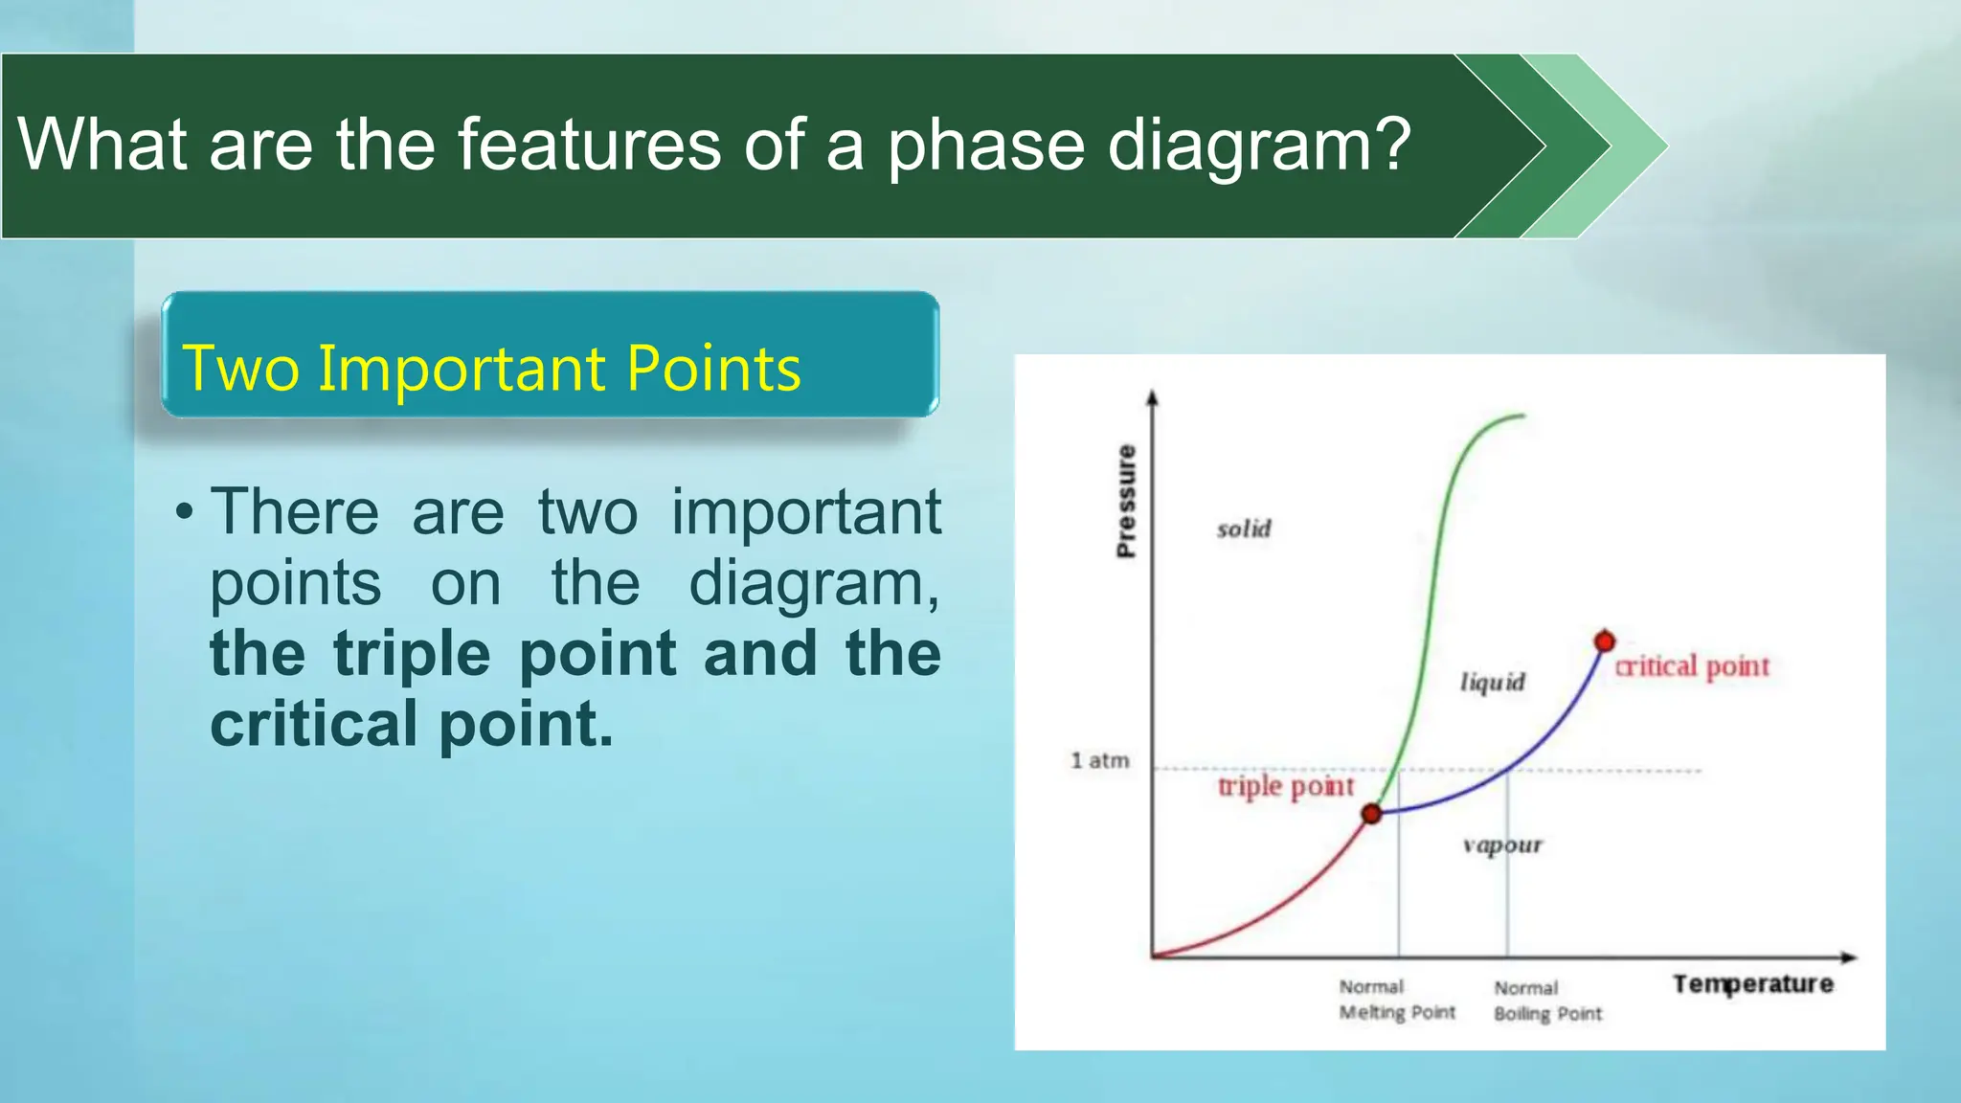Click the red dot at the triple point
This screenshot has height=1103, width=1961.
(1371, 814)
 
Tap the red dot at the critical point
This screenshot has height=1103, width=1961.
(1605, 641)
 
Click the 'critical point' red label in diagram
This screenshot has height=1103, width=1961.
(1692, 665)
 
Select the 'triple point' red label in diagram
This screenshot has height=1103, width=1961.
(1285, 786)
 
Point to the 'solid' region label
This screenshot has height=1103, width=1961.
(1244, 529)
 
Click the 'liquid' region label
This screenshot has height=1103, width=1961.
(1492, 682)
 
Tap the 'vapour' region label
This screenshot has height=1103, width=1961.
(1502, 844)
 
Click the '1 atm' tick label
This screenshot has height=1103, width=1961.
(1099, 760)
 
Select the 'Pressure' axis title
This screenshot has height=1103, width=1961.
(1126, 501)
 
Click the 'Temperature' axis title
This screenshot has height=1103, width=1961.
(1752, 984)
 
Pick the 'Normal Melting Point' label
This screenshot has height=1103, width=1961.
(1396, 1000)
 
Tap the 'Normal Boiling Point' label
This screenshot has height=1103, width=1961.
(1546, 1001)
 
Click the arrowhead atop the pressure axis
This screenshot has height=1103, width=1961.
(1152, 396)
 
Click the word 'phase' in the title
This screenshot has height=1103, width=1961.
(986, 146)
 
